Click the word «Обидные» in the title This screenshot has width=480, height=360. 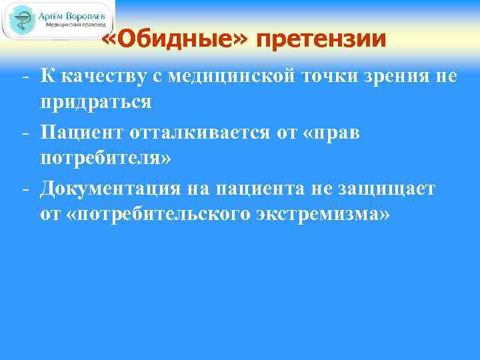coord(175,39)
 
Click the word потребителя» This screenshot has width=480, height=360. coord(105,159)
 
